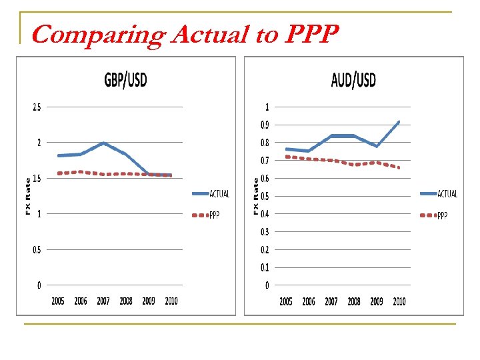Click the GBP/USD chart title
coord(125,81)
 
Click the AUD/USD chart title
coord(353,81)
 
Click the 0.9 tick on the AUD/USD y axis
coord(265,125)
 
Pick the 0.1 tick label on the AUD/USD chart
coord(265,267)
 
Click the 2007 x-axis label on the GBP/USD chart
coord(103,301)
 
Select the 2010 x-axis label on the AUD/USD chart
coord(399,302)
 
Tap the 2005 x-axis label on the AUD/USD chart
coord(286,302)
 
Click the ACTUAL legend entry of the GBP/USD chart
coord(219,194)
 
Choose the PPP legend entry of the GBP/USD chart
coord(214,215)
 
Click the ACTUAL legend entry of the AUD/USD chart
coord(447,194)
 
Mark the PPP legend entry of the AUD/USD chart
coord(442,215)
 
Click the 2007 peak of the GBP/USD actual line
coord(104,143)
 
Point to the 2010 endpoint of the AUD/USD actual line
coord(399,122)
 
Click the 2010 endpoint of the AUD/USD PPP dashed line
coord(399,167)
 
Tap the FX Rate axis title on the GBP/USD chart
coord(28,196)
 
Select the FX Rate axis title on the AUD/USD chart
coord(257,196)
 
